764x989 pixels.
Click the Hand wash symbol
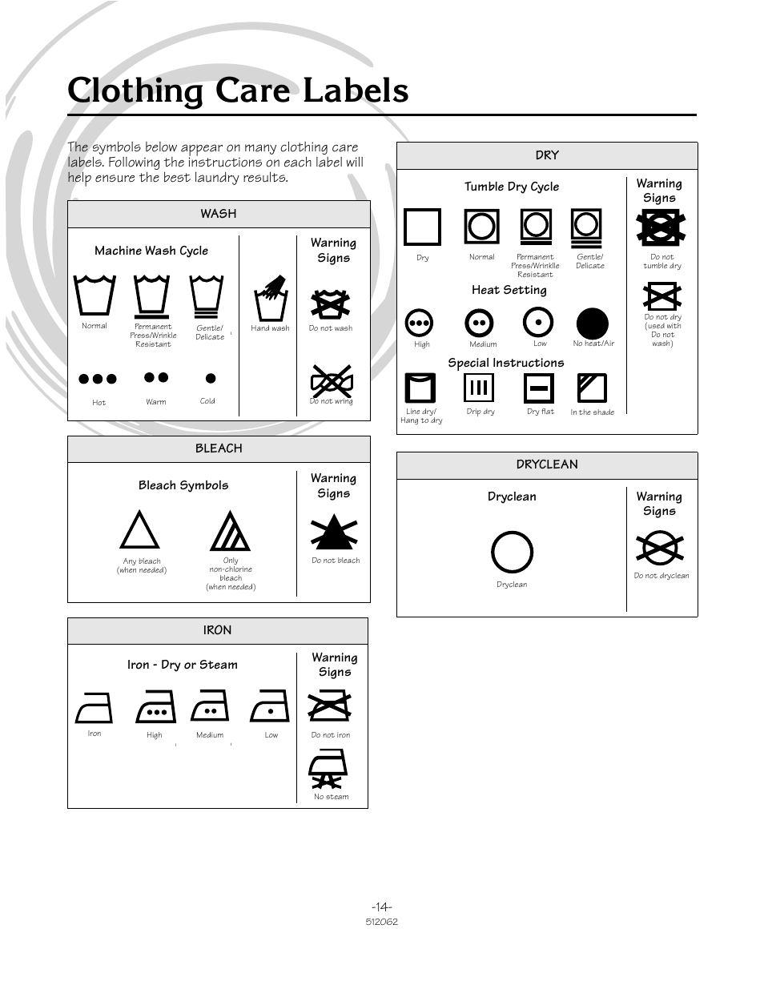[x=271, y=299]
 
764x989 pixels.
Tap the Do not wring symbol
[x=331, y=380]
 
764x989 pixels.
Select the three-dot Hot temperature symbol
[x=98, y=379]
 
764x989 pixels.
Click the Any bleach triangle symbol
[x=139, y=530]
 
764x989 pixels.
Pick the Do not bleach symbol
[x=334, y=533]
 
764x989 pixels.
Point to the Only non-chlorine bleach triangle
[x=230, y=532]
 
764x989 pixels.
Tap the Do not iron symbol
[x=329, y=706]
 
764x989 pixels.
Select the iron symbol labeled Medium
[x=210, y=706]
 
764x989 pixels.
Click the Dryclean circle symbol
[x=512, y=552]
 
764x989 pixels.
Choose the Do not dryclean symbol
[x=660, y=549]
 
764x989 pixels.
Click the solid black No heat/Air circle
[x=593, y=324]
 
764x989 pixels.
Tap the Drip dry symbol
[x=479, y=388]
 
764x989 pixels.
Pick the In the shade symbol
[x=592, y=388]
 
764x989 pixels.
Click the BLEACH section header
[x=219, y=448]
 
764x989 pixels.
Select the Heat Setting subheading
[x=509, y=290]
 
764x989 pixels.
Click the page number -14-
[x=381, y=907]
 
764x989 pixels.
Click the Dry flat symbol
[x=539, y=388]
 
